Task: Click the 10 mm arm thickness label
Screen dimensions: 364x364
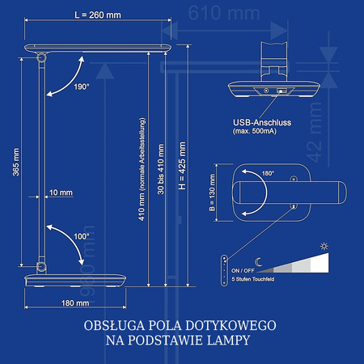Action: [x=60, y=193]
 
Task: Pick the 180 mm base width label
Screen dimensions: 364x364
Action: [x=74, y=303]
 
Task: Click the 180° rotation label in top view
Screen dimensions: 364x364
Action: [x=268, y=174]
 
